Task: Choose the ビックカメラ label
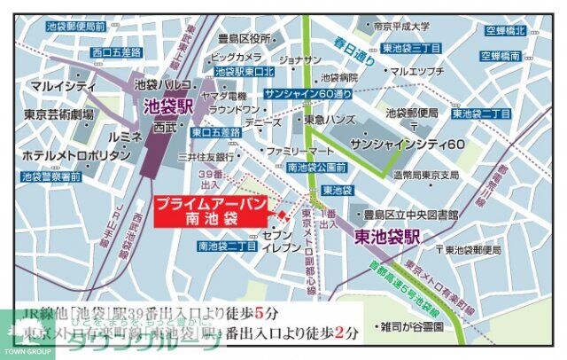coord(237,57)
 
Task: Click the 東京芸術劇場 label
coord(59,115)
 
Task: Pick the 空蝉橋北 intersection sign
coord(504,32)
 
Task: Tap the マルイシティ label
coord(59,86)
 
